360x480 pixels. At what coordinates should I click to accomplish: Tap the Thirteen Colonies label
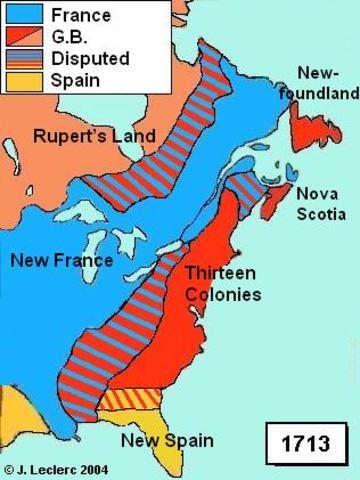(223, 284)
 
